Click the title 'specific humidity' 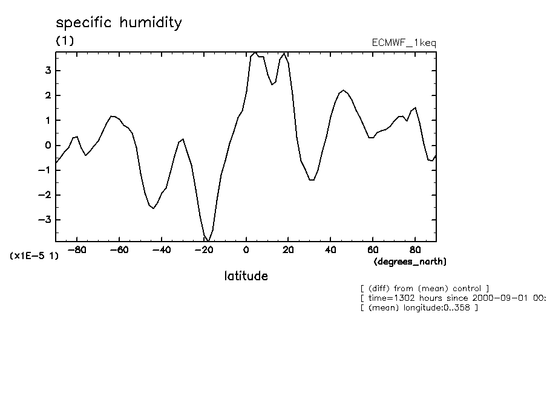(x=119, y=24)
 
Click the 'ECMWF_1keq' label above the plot (x=404, y=42)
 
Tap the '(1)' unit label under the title (x=65, y=41)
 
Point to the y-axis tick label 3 (x=48, y=71)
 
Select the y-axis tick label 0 (x=48, y=146)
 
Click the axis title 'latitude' (x=246, y=276)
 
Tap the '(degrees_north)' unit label (x=410, y=262)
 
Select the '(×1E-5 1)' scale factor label (x=34, y=256)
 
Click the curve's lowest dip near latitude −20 (x=208, y=240)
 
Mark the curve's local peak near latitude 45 (x=343, y=91)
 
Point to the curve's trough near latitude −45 (x=154, y=208)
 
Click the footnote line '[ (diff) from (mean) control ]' (x=424, y=288)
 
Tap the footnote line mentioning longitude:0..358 (x=419, y=308)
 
